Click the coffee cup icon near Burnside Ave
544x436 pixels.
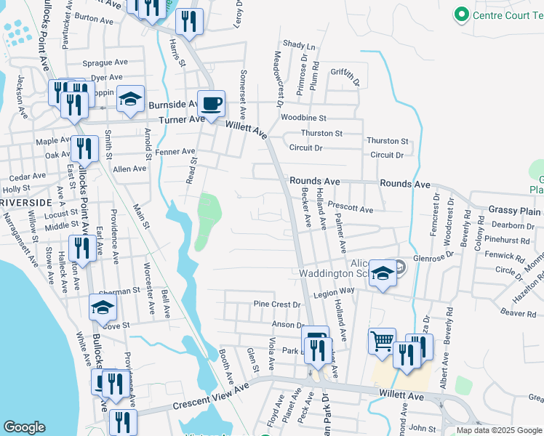[x=211, y=103]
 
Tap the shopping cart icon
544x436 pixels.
[x=382, y=340]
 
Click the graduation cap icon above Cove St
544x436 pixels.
[x=103, y=307]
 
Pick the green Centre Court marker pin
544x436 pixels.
[x=460, y=15]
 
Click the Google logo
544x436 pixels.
[x=25, y=427]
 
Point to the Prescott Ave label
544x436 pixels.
[x=350, y=209]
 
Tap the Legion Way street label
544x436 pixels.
[x=334, y=290]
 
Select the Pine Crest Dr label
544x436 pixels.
[x=276, y=304]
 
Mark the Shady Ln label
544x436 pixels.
[x=299, y=46]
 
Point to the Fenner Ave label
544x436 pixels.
[x=172, y=153]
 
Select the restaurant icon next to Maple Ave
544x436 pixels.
[x=84, y=149]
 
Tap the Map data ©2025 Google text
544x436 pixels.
[x=498, y=430]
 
